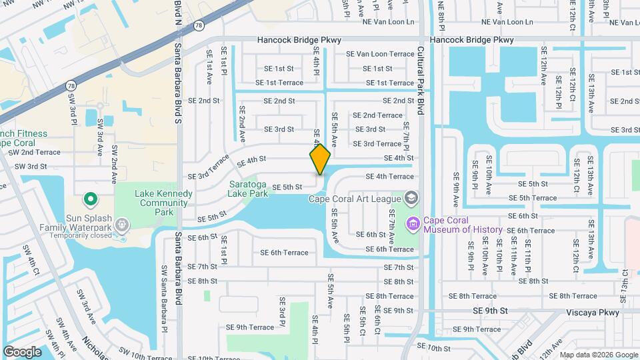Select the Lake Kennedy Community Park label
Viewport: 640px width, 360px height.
click(163, 203)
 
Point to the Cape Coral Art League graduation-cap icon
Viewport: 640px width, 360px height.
click(411, 198)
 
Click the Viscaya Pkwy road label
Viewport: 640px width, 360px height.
click(591, 311)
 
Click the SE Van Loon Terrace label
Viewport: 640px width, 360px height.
click(380, 54)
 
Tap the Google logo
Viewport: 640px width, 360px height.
click(22, 351)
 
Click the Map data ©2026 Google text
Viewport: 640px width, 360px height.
click(598, 355)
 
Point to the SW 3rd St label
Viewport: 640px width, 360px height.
click(31, 166)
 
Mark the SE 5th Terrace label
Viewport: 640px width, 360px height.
click(533, 198)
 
